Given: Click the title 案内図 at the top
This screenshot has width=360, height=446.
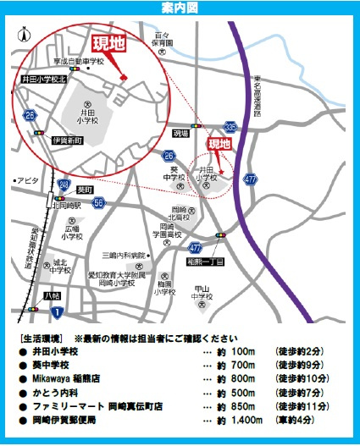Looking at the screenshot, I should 180,8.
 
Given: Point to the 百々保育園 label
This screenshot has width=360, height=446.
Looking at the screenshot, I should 163,39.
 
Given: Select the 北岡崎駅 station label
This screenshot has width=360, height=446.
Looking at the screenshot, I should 65,205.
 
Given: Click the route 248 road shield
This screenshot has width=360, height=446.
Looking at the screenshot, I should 64,184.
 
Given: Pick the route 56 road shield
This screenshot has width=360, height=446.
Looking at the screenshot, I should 98,202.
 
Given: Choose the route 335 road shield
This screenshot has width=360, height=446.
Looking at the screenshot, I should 230,125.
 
